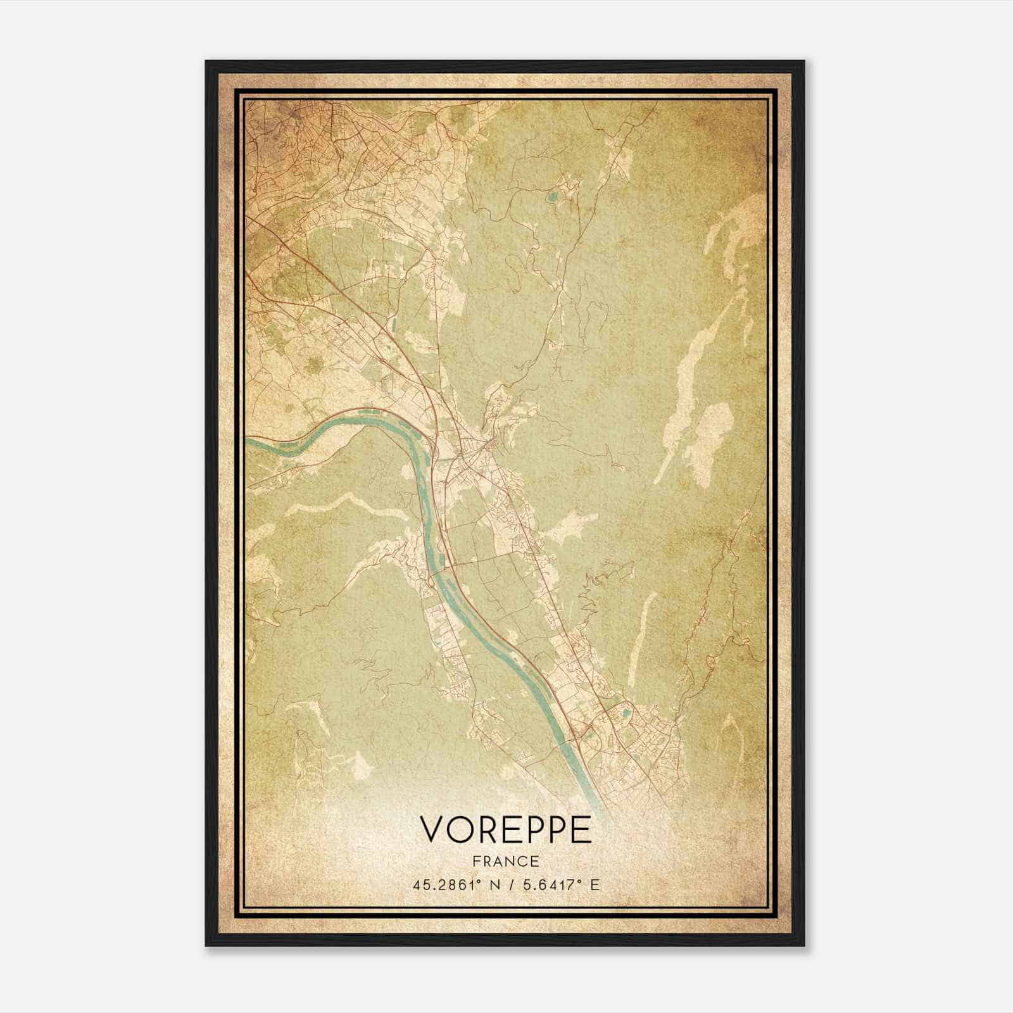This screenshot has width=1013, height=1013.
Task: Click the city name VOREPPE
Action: (505, 829)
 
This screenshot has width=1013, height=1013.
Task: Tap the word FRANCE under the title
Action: (505, 862)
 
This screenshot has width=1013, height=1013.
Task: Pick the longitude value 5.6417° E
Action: (554, 885)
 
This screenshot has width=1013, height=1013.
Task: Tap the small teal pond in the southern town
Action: (626, 714)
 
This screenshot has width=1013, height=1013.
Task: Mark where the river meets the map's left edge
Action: (248, 441)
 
